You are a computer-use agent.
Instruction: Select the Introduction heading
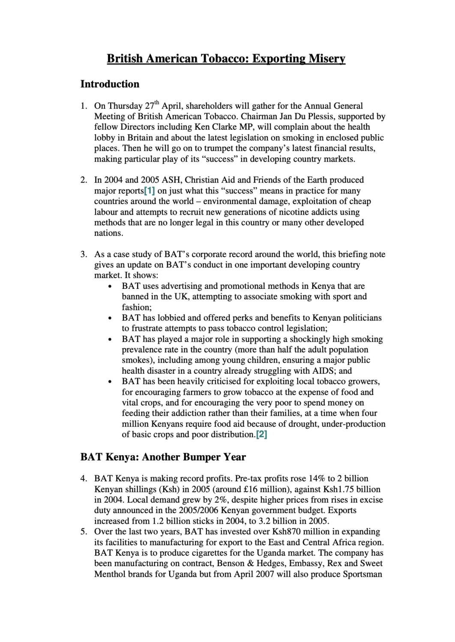[110, 84]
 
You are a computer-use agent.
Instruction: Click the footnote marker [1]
[150, 191]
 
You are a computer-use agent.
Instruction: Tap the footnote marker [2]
[261, 435]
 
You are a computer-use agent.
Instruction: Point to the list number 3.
[84, 254]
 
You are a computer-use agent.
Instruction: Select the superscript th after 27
[157, 103]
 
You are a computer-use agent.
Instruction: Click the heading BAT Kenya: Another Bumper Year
[163, 457]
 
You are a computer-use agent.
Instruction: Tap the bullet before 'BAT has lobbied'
[110, 318]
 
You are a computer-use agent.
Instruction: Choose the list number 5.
[84, 532]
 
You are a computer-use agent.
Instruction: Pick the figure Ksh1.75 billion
[354, 489]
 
